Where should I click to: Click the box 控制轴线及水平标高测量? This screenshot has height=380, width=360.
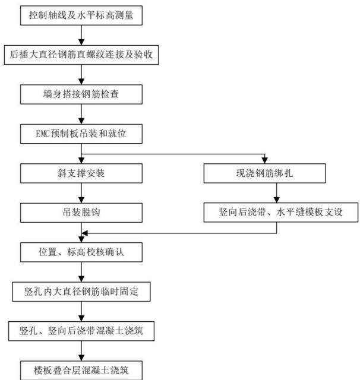[x=81, y=15]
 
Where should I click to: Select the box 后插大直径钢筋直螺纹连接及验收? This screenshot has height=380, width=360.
[x=81, y=55]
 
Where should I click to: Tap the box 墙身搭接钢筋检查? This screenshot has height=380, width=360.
[x=81, y=94]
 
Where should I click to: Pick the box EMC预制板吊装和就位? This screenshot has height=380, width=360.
[x=81, y=134]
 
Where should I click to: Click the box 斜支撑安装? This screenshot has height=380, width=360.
[x=81, y=173]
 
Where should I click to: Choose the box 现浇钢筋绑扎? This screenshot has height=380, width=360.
[x=264, y=173]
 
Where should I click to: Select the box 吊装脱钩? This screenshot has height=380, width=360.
[x=81, y=213]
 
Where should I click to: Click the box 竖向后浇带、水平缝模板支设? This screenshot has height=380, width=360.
[x=281, y=213]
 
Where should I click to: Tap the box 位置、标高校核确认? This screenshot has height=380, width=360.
[x=81, y=252]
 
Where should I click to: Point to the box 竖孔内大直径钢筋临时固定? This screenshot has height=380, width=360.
[x=81, y=292]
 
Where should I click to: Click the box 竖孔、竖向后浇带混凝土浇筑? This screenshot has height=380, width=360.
[x=81, y=331]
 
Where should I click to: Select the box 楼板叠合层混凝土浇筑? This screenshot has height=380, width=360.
[x=81, y=370]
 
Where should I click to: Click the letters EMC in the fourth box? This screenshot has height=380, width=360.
[x=43, y=134]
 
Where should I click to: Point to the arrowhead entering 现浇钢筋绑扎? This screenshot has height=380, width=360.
[x=264, y=161]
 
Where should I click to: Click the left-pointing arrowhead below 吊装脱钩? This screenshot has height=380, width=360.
[x=84, y=233]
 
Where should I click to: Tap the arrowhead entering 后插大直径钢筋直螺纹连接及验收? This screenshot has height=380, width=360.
[x=81, y=42]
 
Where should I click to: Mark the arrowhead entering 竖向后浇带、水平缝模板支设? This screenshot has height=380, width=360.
[x=276, y=199]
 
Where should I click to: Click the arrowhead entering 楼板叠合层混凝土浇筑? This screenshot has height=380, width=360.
[x=81, y=358]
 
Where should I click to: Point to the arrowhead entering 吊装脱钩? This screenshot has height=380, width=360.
[x=81, y=200]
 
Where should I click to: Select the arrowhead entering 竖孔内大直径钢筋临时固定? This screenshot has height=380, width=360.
[x=81, y=279]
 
